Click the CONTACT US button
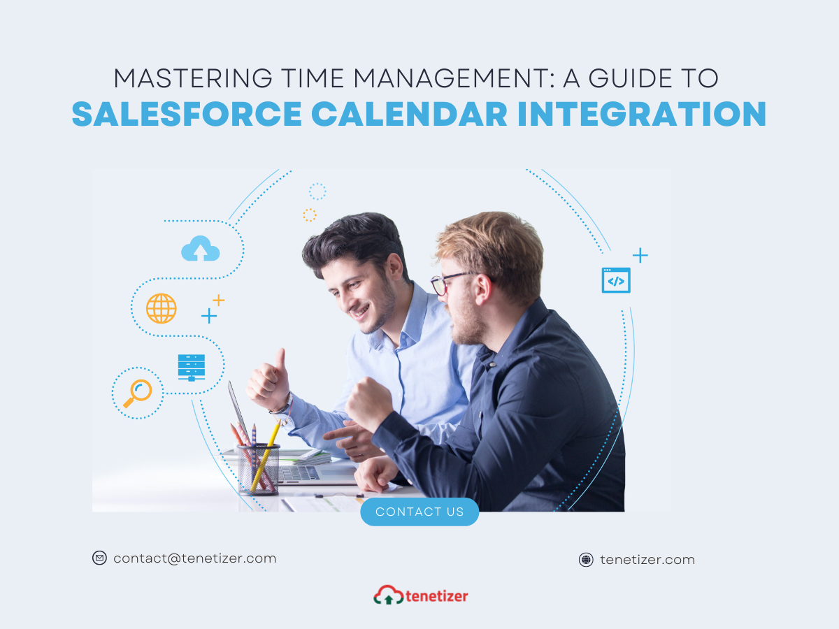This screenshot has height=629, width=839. coord(419,512)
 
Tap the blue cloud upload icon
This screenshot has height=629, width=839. coord(200,248)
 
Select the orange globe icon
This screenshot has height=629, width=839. coord(162,308)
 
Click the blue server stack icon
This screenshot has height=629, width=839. coord(192,368)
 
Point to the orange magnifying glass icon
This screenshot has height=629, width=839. coord(138,393)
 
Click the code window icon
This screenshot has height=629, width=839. coord(616,280)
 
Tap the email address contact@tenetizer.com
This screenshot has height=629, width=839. coord(194,558)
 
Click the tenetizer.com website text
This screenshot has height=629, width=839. coord(647,560)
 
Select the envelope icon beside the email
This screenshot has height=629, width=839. coord(99,558)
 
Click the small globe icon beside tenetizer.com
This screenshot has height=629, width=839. coord(586,560)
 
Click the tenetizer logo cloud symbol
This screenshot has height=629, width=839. coord(388,595)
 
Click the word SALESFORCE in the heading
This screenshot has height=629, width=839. coord(187,114)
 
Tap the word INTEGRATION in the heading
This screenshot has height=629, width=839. coord(642,114)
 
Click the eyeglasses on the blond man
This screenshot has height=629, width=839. coord(451,282)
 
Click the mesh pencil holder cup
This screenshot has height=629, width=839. coord(259,469)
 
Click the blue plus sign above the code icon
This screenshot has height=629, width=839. coord(640,255)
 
